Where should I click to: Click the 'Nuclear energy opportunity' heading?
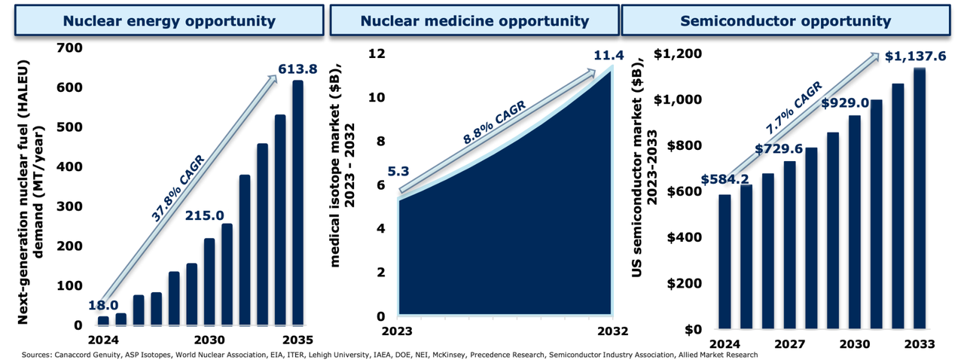click(169, 20)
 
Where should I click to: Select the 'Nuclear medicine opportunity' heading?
click(474, 20)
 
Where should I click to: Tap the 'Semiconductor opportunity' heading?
click(785, 20)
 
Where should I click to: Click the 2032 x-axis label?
click(612, 332)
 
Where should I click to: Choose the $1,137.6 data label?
click(915, 56)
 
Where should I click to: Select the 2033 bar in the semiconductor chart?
click(920, 199)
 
